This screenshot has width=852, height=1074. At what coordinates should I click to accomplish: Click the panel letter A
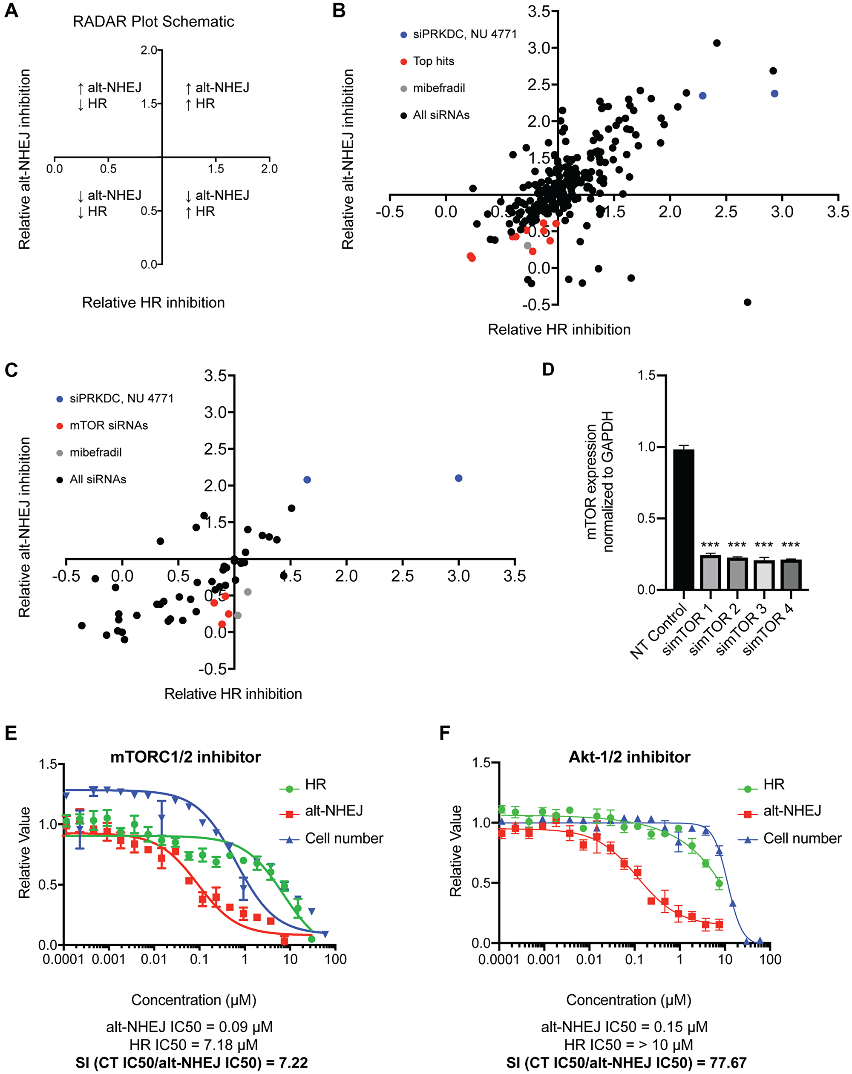pyautogui.click(x=11, y=11)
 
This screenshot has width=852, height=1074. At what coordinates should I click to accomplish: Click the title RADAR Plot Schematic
pyautogui.click(x=153, y=21)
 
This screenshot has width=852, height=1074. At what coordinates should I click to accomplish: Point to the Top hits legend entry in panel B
pyautogui.click(x=434, y=61)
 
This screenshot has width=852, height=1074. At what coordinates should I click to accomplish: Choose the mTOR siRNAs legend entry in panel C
pyautogui.click(x=109, y=425)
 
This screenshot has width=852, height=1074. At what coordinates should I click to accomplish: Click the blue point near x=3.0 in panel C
pyautogui.click(x=458, y=478)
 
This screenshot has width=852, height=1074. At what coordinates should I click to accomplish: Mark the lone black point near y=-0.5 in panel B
pyautogui.click(x=747, y=302)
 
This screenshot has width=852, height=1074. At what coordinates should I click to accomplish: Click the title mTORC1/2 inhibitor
pyautogui.click(x=185, y=757)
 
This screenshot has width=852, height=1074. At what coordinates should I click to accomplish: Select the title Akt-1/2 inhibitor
pyautogui.click(x=629, y=757)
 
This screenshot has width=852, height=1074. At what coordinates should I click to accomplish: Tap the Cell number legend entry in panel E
pyautogui.click(x=344, y=839)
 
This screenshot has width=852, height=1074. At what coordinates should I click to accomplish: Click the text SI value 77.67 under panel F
pyautogui.click(x=626, y=1063)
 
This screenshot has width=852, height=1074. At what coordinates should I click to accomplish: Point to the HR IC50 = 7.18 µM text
pyautogui.click(x=193, y=1045)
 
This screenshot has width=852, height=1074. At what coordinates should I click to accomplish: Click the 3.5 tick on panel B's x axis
pyautogui.click(x=838, y=211)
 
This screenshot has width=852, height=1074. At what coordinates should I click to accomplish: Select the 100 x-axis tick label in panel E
pyautogui.click(x=335, y=959)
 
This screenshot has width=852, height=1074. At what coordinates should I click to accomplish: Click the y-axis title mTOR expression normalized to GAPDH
pyautogui.click(x=599, y=482)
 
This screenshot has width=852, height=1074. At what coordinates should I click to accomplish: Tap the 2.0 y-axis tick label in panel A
pyautogui.click(x=149, y=50)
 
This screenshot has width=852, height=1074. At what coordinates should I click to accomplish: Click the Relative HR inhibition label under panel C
pyautogui.click(x=233, y=694)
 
